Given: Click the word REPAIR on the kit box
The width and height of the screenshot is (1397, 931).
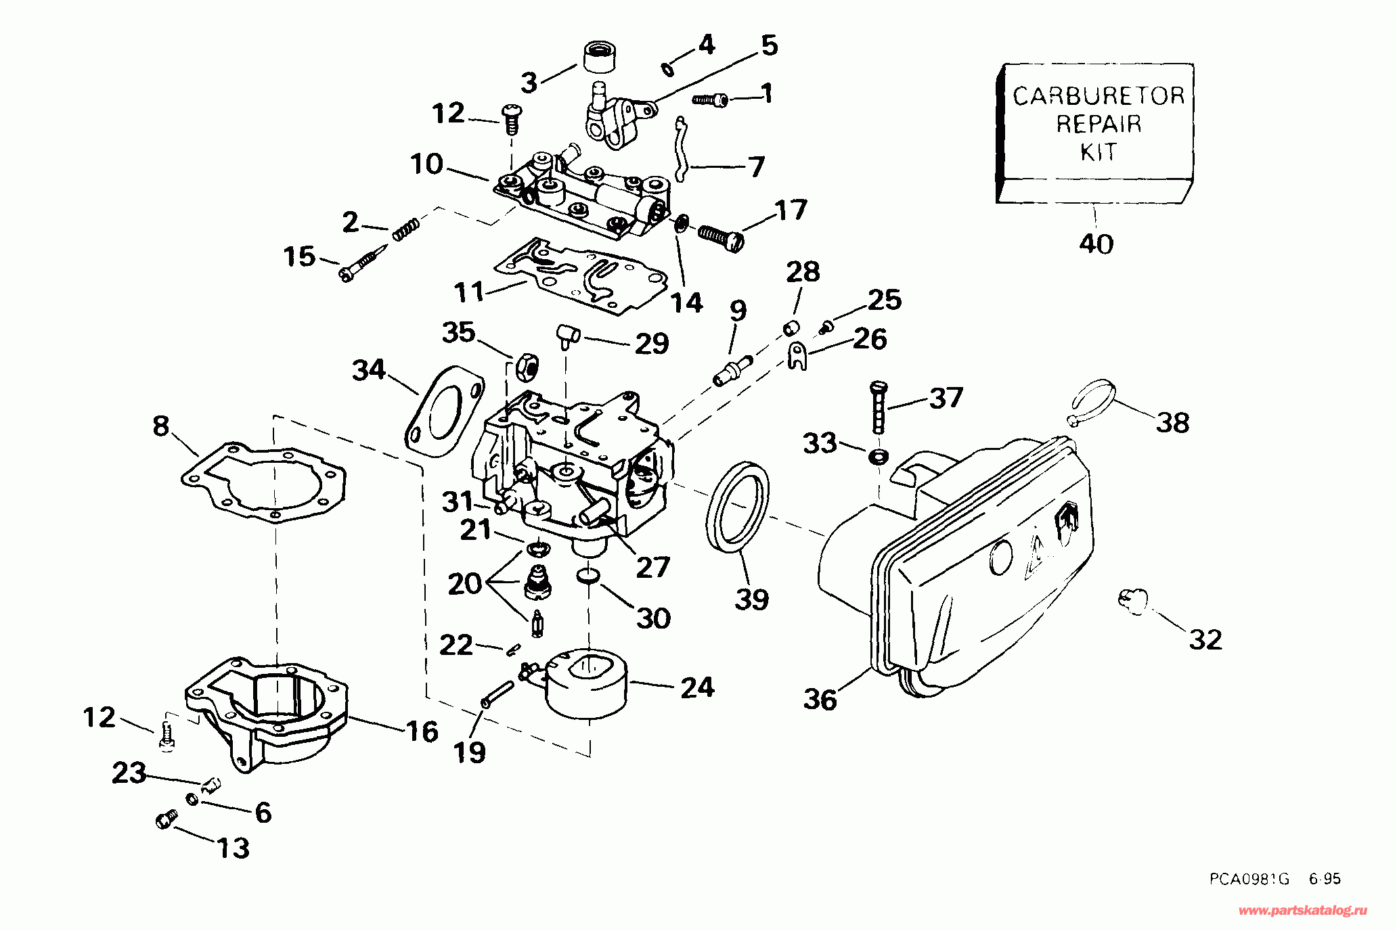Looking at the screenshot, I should click(1099, 124).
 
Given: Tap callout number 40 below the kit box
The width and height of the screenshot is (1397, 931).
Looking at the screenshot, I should click(1096, 244).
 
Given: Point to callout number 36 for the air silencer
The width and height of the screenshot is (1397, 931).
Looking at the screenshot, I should click(820, 700).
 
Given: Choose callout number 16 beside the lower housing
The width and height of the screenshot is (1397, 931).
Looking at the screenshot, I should click(422, 731).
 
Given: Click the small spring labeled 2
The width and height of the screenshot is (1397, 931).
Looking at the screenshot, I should click(406, 228).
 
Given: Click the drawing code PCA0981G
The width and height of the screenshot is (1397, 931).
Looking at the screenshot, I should click(1249, 879).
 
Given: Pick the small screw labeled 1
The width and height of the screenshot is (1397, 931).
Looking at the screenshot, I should click(710, 100).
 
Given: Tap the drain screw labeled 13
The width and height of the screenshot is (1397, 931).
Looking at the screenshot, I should click(166, 820).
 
